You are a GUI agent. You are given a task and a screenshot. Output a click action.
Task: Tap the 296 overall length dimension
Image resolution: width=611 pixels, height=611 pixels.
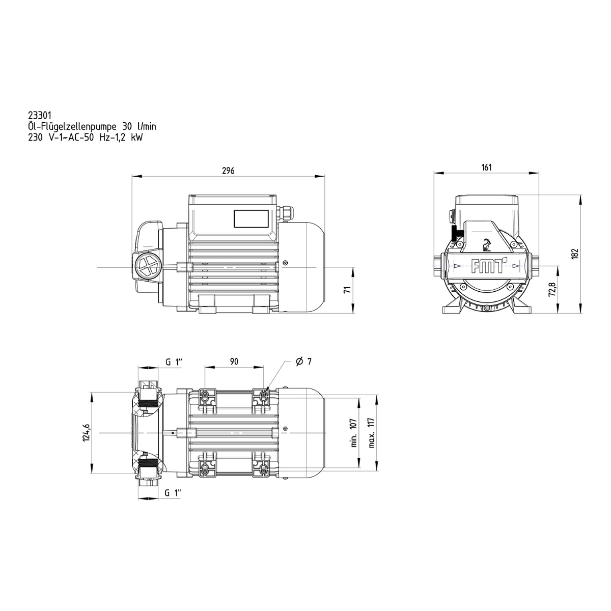click(228, 171)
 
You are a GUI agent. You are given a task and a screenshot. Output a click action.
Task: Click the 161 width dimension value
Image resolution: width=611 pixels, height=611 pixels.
click(486, 167)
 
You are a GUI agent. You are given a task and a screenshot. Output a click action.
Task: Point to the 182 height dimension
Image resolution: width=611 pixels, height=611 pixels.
click(575, 254)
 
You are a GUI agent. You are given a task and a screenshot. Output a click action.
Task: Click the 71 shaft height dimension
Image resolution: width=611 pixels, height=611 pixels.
click(348, 290)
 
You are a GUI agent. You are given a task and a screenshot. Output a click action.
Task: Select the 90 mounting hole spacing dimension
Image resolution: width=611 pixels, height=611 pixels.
click(234, 361)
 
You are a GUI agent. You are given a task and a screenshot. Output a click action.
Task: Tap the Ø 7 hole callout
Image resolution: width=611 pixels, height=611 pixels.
click(303, 361)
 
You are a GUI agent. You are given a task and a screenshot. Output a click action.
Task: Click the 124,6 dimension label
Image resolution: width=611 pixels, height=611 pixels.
click(87, 432)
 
